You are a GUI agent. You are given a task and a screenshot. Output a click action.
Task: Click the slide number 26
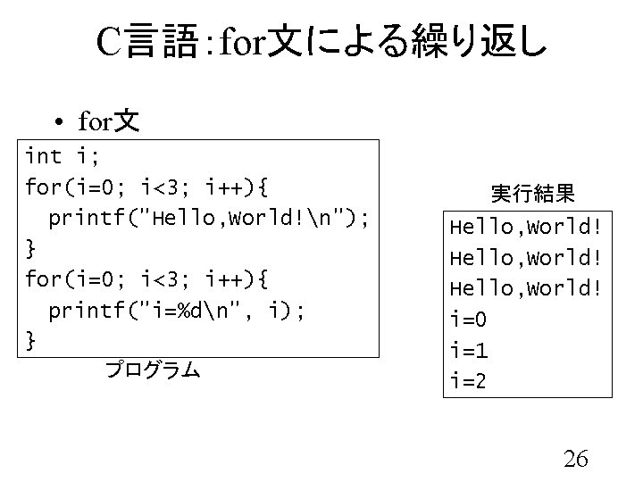coord(576,459)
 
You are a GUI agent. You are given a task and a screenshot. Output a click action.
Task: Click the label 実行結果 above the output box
coord(533,193)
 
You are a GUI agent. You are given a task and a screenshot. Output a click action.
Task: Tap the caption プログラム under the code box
coord(151,368)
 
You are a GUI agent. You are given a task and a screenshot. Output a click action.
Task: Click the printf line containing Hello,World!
coord(215,218)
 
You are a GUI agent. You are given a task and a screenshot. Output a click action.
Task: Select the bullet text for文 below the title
coord(108,120)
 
